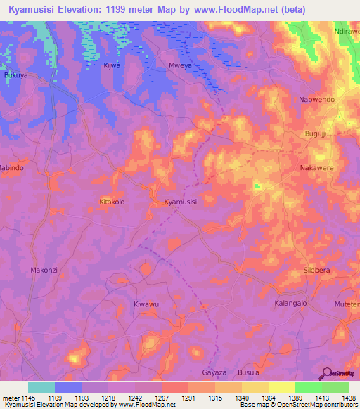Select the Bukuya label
click(15, 74)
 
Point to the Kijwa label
click(112, 65)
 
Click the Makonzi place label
click(44, 270)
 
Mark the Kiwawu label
click(146, 304)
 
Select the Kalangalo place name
click(290, 303)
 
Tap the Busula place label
click(248, 372)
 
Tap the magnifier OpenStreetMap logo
click(326, 373)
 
